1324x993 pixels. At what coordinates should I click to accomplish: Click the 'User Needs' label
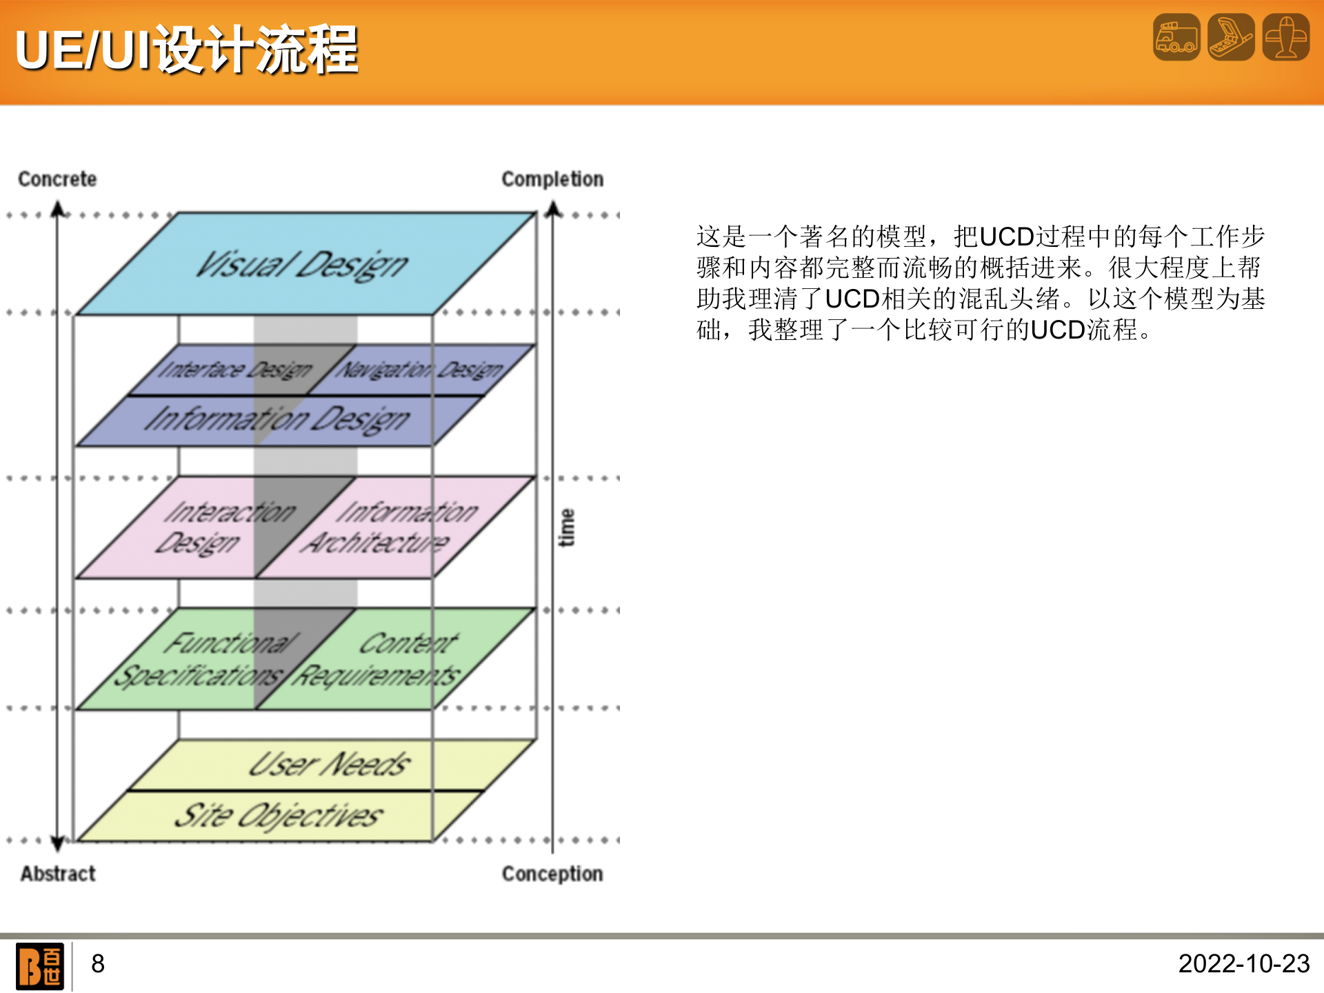tap(330, 764)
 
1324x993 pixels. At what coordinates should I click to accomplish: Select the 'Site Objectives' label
tap(277, 816)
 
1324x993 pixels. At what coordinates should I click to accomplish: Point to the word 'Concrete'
tap(57, 179)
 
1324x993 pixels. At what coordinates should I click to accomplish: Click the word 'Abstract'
tap(58, 874)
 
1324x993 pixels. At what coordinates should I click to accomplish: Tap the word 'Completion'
tap(552, 179)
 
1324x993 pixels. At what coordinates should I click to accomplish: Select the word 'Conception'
tap(552, 874)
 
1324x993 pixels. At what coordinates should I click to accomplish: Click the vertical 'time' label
tap(566, 528)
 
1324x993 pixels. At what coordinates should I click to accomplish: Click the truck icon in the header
tap(1176, 37)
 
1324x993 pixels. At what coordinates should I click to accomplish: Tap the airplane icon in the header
tap(1285, 37)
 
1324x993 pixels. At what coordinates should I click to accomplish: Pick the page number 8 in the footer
tap(98, 964)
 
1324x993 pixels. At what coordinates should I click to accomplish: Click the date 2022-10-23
tap(1243, 964)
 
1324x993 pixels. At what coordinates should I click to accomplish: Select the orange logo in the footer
tap(40, 966)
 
